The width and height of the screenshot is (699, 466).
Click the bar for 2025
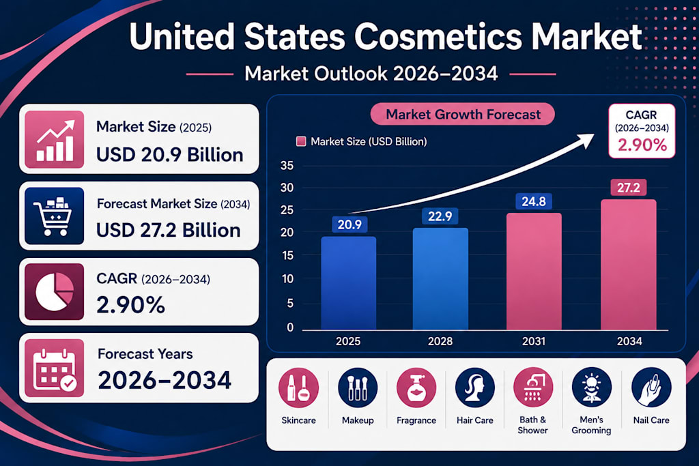(x=348, y=283)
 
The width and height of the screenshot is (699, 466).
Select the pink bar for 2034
(x=629, y=265)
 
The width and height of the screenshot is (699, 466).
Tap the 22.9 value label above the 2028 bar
(x=440, y=216)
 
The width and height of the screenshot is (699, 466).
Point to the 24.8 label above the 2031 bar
(x=534, y=201)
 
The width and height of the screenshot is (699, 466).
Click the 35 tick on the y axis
(x=287, y=166)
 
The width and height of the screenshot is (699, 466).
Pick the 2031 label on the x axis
(x=534, y=341)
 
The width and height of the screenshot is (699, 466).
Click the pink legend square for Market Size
(x=301, y=142)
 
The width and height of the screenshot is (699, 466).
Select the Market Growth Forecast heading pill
(x=463, y=115)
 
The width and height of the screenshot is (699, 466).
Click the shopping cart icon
(x=54, y=216)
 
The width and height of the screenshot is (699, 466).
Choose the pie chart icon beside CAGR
(x=55, y=291)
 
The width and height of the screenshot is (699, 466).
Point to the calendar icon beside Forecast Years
(x=55, y=368)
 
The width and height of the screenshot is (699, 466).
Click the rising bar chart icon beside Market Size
(x=55, y=139)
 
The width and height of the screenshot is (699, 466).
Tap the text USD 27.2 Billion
(x=169, y=231)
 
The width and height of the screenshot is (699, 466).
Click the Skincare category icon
(x=298, y=388)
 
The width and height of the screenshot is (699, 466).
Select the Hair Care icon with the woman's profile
(x=475, y=388)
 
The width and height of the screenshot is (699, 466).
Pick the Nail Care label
(x=651, y=420)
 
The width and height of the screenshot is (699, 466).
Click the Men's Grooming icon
(x=592, y=388)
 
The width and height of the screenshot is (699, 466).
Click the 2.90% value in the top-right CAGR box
(x=642, y=145)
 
